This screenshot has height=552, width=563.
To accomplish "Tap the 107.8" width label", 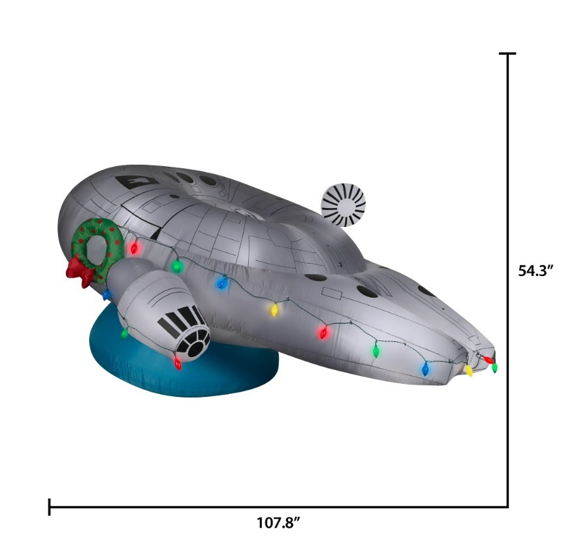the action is point(278,523).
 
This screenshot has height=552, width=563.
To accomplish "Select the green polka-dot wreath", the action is point(97,248).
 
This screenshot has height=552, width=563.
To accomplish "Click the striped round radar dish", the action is point(344,205).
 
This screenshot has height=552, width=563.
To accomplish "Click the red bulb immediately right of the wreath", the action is point(135,247).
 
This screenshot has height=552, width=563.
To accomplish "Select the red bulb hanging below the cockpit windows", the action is point(178,364).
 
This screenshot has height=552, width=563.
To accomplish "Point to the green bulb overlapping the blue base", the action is point(125,334).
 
